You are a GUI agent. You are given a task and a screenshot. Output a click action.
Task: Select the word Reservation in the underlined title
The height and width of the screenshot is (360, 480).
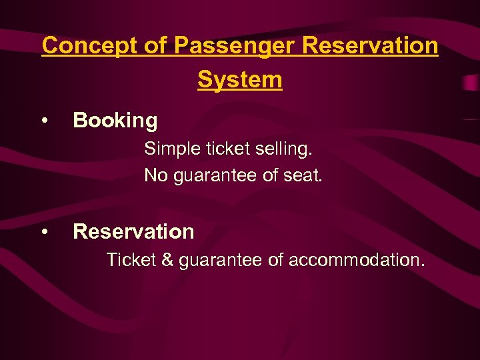370,46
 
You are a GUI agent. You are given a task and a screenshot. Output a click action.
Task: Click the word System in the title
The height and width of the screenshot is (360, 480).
240,80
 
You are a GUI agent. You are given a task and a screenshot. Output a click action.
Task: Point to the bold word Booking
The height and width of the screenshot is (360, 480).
115,121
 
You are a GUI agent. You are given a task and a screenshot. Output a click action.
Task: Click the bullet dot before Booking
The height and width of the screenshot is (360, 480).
44,121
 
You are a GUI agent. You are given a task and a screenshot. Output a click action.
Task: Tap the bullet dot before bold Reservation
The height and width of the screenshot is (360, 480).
44,232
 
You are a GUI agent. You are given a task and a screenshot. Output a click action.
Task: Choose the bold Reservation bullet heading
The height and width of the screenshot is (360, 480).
133,232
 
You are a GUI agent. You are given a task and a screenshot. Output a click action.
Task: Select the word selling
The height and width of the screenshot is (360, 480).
285,149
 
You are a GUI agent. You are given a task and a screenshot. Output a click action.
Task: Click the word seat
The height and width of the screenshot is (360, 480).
303,176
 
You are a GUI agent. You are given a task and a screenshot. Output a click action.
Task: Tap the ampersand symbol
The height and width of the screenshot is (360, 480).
167,260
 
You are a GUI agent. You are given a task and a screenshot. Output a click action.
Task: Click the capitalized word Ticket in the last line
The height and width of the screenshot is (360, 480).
131,260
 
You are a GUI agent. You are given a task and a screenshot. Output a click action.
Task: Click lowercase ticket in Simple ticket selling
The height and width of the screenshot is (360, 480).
227,149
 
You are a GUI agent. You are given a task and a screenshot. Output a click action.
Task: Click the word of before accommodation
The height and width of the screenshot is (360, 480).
275,260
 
